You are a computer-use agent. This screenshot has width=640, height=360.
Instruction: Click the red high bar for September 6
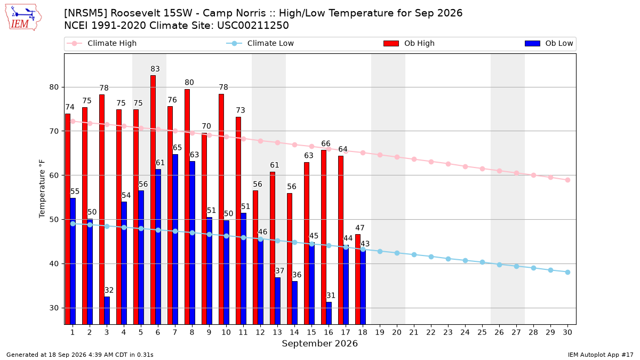coord(153,199)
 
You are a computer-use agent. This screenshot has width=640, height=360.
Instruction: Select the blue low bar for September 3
coord(107,310)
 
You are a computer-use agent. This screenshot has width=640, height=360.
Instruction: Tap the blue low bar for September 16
coord(329,313)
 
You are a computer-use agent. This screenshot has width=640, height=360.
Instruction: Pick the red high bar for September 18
coord(358,279)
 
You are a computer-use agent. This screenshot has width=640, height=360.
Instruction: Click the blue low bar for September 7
coord(175,239)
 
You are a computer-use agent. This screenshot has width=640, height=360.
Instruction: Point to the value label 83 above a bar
coord(155,69)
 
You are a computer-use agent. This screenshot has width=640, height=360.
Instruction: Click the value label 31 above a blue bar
coord(331,295)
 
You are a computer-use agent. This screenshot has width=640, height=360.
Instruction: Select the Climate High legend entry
coord(102,43)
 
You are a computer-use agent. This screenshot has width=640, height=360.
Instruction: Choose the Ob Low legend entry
coord(549,43)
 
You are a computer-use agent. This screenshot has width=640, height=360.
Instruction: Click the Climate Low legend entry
coord(260,43)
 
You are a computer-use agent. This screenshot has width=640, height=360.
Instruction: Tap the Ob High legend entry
coord(409,43)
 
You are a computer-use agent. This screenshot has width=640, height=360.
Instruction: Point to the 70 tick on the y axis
coord(54,131)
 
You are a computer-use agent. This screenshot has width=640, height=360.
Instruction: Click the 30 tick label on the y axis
coord(54,308)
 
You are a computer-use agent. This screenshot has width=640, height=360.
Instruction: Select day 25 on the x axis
coord(482,332)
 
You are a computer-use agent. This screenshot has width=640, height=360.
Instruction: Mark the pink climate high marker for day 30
coord(567,180)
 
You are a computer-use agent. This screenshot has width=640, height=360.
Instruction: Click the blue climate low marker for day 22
coord(431,257)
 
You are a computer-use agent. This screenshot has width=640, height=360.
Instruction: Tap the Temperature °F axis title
coord(42,189)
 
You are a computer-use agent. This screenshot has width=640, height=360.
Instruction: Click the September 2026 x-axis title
coord(319,343)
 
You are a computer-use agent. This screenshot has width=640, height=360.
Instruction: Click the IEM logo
coord(23,18)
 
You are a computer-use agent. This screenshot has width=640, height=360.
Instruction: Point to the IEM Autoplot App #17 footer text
coord(601,355)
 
